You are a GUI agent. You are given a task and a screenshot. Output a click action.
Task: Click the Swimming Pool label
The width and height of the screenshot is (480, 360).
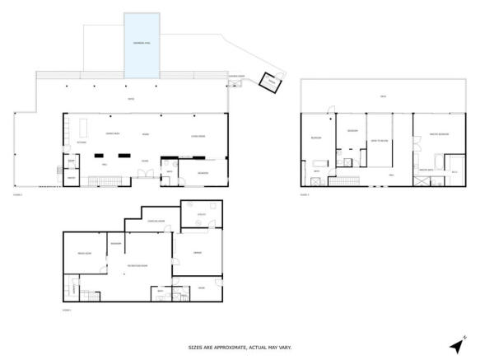pyautogui.click(x=142, y=43)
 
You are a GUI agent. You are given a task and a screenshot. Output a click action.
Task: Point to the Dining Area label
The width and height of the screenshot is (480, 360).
pyautogui.click(x=113, y=133)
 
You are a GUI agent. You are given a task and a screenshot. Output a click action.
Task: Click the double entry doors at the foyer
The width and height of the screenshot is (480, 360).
pyautogui.click(x=145, y=173)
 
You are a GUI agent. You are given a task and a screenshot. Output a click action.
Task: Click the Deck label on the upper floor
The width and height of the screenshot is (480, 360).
pyautogui.click(x=383, y=97)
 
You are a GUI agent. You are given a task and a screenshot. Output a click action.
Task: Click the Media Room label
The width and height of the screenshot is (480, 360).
pyautogui.click(x=83, y=253)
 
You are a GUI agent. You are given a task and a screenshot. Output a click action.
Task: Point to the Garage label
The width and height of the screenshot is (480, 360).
pyautogui.click(x=198, y=252)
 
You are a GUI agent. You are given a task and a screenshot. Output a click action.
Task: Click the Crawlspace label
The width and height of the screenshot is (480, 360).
pyautogui.click(x=156, y=221)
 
